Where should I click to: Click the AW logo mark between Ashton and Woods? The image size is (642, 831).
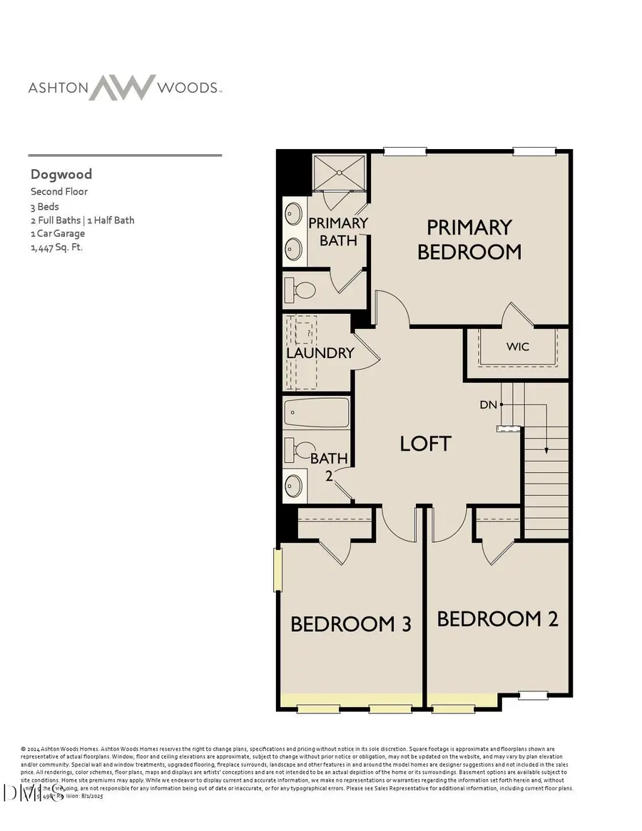(x=127, y=87)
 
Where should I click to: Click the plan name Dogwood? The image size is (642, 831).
(x=61, y=174)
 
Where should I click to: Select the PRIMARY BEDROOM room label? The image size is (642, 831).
(x=469, y=240)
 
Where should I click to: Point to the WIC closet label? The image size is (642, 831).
(x=518, y=347)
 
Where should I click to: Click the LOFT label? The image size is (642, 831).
(x=425, y=443)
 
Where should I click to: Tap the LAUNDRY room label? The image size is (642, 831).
(x=320, y=353)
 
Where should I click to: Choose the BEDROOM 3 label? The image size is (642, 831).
(x=351, y=624)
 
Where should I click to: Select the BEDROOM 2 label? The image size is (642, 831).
(x=497, y=618)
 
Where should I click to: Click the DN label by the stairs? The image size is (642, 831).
(x=488, y=405)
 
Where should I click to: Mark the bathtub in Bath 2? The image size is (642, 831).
(x=317, y=412)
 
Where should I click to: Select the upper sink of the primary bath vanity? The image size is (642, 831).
(x=293, y=213)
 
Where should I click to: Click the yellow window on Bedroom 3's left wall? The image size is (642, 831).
(x=276, y=569)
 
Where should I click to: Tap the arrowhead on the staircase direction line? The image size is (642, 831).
(x=546, y=450)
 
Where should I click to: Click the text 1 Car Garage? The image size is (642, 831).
(x=57, y=233)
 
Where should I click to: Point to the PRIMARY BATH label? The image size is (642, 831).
(x=337, y=231)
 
